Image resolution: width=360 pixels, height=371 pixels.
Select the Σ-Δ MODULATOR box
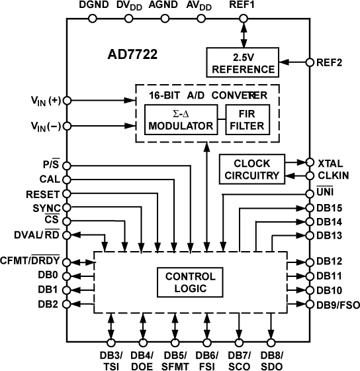pos(181,119)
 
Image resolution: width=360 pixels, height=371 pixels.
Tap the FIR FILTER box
pos(247,119)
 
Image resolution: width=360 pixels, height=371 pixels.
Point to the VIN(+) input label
pos(44,101)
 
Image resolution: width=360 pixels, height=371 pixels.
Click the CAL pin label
pos(50,179)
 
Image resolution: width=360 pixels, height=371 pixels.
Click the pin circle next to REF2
pos(309,63)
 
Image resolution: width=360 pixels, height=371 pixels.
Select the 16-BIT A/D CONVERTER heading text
pos(207,95)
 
